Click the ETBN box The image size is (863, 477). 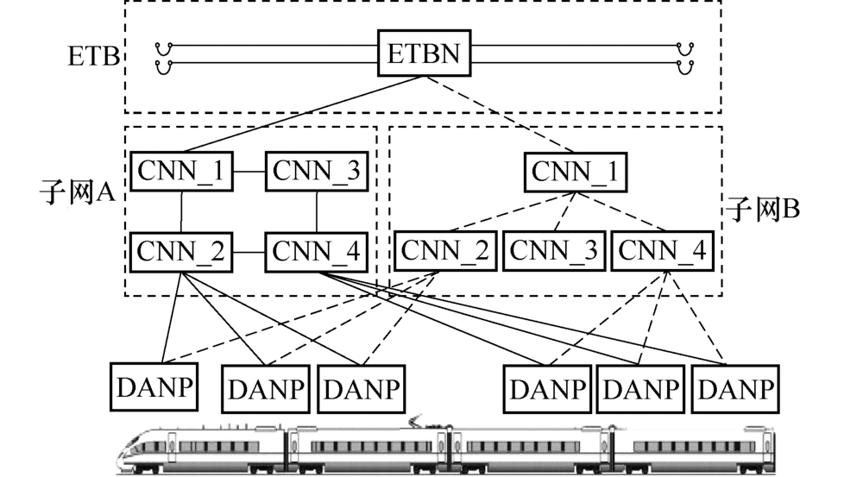[425, 55]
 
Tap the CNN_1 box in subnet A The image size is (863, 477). [181, 172]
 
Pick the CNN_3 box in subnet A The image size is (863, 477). [316, 172]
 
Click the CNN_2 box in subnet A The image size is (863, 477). [181, 252]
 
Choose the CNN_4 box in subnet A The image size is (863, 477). [316, 252]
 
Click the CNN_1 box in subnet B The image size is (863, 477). [575, 172]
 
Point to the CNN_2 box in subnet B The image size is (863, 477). [445, 252]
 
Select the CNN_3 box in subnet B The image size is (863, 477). [553, 252]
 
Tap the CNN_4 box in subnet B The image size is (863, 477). [662, 252]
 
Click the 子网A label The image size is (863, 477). [78, 191]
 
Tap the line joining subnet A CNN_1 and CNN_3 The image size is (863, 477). [249, 172]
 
